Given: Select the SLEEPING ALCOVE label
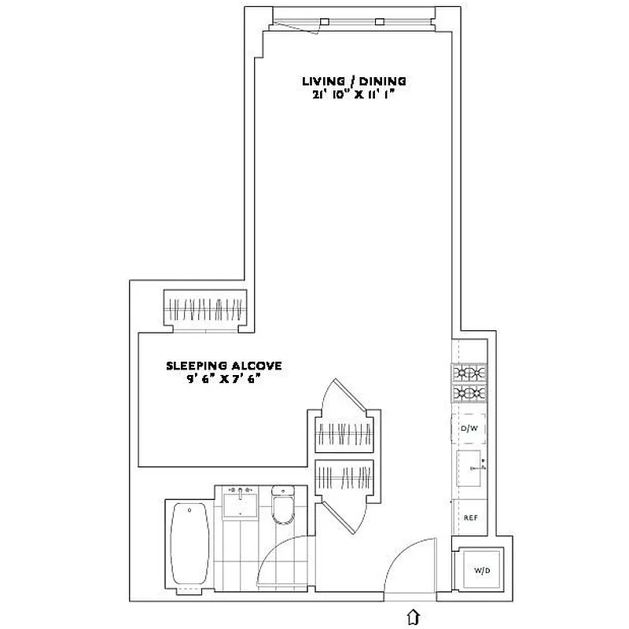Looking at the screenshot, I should coord(223,366).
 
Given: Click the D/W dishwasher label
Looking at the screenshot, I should coord(469,428).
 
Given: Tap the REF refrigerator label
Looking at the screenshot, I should coord(471,517).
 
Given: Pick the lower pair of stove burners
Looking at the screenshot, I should coord(469,393).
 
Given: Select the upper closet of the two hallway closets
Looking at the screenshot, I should coord(343,432).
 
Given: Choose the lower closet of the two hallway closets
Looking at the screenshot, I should coord(343,476).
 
